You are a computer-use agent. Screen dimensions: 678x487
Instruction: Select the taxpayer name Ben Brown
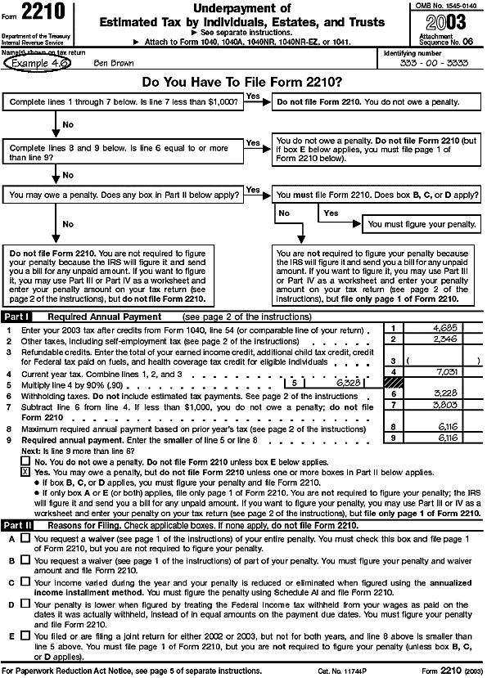click(111, 61)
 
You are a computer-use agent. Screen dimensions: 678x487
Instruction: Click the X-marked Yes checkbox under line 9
click(25, 472)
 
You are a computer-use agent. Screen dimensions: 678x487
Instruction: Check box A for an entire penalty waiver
click(25, 538)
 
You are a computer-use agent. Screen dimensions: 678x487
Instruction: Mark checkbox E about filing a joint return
click(25, 635)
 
